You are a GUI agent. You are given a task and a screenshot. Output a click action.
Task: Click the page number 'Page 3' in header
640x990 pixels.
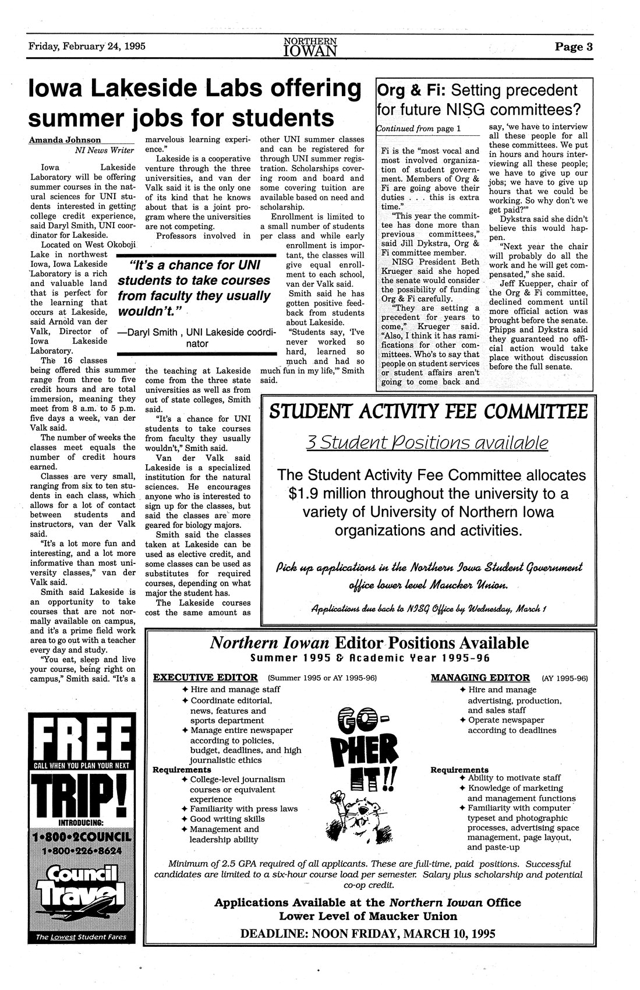click(573, 47)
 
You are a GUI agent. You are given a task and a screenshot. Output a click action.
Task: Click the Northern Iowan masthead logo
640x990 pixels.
click(311, 47)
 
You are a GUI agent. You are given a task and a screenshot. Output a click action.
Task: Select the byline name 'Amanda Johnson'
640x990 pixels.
click(65, 140)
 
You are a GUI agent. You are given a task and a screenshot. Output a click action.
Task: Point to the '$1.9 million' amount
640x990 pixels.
click(328, 494)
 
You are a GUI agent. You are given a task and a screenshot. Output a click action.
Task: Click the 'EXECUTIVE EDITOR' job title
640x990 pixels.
click(205, 677)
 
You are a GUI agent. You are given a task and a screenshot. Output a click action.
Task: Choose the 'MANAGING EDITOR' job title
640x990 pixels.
click(480, 677)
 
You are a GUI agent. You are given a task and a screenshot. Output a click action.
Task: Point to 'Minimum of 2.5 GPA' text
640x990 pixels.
click(210, 863)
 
